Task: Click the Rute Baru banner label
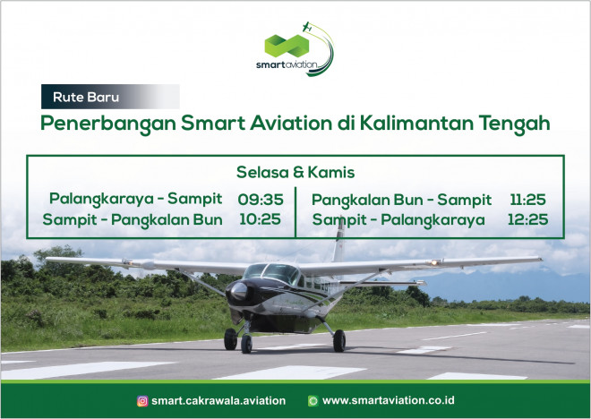pos(86,98)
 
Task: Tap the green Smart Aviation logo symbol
pos(287,46)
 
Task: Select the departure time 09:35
pos(261,200)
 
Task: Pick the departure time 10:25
pos(260,219)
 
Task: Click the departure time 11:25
pos(527,200)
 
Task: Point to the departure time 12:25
pos(527,219)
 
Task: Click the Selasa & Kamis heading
pos(295,172)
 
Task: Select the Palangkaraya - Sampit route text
pos(136,199)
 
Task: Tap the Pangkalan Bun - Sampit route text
pos(401,200)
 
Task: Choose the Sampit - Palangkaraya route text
pos(398,220)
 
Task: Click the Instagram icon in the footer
pos(142,401)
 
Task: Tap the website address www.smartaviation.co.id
pos(389,400)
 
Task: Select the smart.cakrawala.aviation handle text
pos(218,401)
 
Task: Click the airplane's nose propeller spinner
pos(239,291)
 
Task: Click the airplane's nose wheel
pos(246,344)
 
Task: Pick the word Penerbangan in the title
pos(108,124)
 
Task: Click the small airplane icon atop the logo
pos(307,27)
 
